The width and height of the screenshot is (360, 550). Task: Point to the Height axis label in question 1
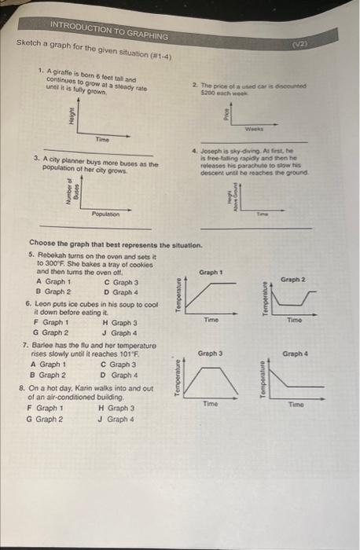pyautogui.click(x=72, y=117)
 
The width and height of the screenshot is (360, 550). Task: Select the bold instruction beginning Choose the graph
pyautogui.click(x=109, y=246)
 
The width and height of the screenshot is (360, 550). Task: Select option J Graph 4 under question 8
pyautogui.click(x=119, y=419)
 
